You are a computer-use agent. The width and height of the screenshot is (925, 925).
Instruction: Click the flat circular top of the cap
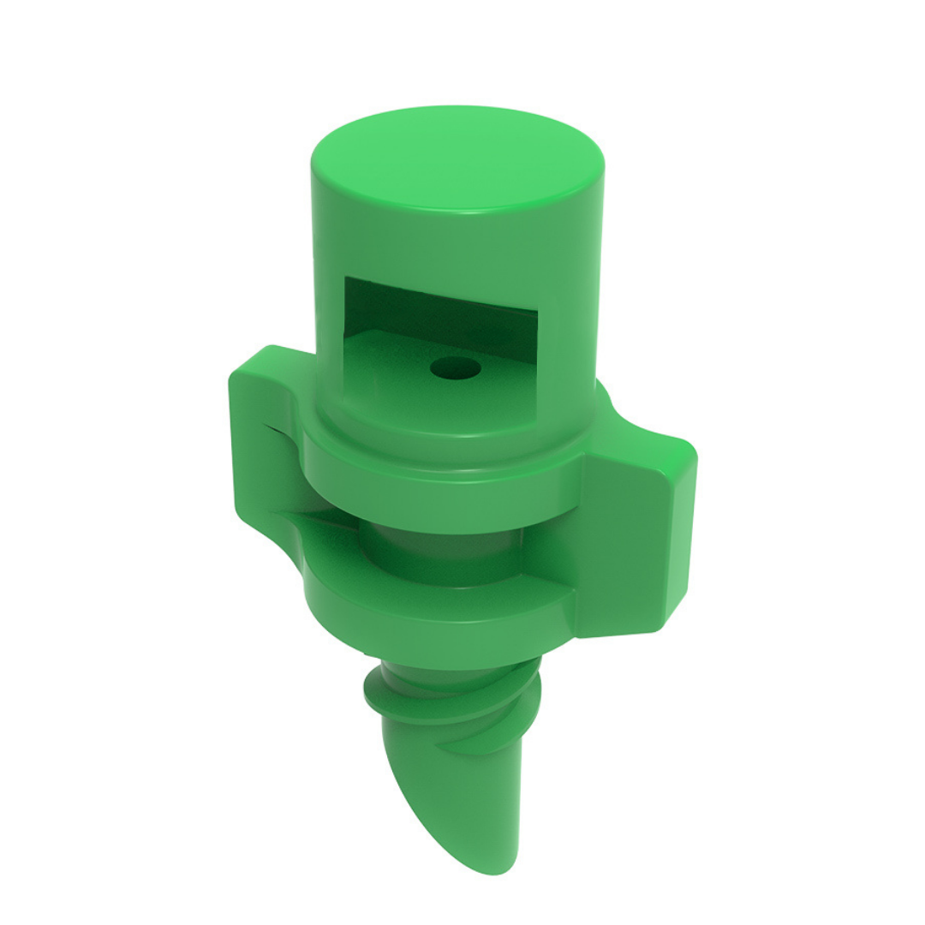(x=457, y=158)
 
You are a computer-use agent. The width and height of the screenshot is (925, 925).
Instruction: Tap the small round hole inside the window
(x=455, y=370)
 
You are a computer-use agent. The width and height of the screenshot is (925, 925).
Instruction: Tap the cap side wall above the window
(x=454, y=244)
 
